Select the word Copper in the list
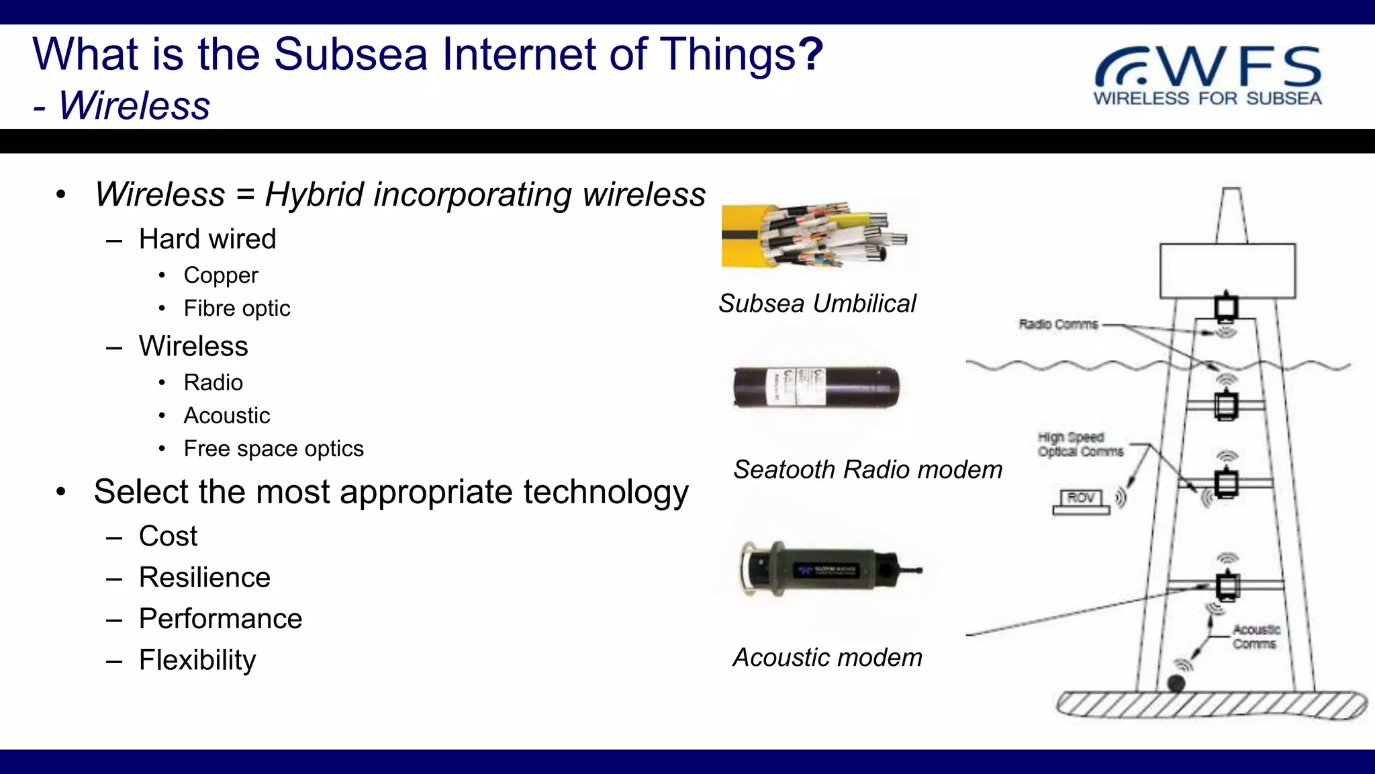(221, 275)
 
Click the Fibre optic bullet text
(237, 308)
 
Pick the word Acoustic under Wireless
(227, 416)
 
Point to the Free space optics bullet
(273, 449)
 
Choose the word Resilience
(204, 578)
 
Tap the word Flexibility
(197, 660)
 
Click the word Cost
(168, 537)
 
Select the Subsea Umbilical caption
(817, 304)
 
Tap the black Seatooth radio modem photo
(816, 387)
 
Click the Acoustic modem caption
(827, 658)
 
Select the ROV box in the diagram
(1081, 499)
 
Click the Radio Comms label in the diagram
(1058, 325)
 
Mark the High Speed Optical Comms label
(1080, 445)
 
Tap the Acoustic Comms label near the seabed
(1255, 637)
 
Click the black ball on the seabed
(1176, 684)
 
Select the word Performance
(220, 619)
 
